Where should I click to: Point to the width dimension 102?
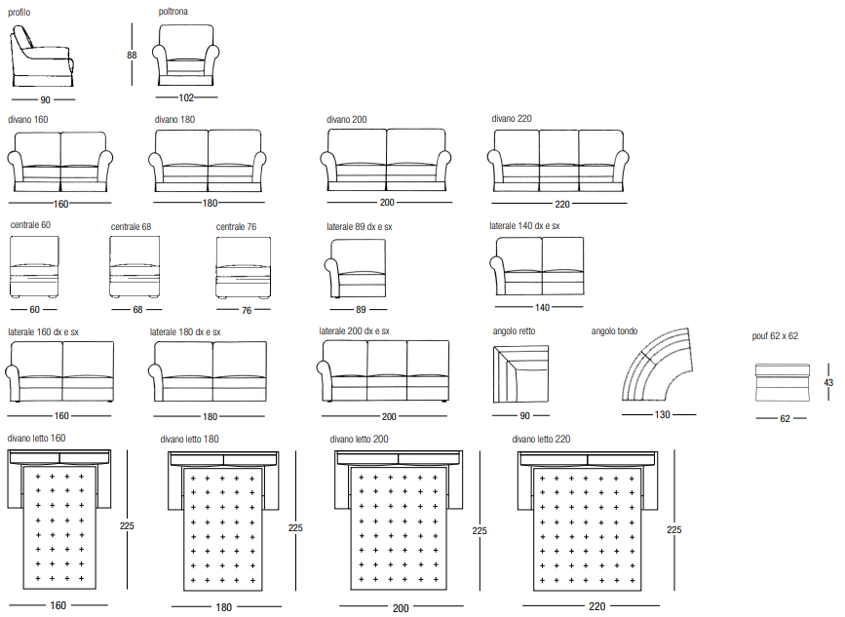(187, 97)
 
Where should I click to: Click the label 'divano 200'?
(347, 120)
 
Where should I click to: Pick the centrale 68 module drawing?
(134, 268)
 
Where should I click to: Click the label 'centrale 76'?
(237, 227)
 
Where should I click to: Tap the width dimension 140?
(543, 308)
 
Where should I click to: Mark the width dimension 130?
(662, 414)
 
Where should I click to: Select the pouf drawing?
(782, 383)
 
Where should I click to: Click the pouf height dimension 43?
(828, 383)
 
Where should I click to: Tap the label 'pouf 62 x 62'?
(776, 336)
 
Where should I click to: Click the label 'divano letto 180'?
(190, 440)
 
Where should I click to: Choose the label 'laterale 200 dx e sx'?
(355, 331)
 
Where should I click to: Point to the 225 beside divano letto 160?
(126, 525)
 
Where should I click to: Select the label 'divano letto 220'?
(541, 439)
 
